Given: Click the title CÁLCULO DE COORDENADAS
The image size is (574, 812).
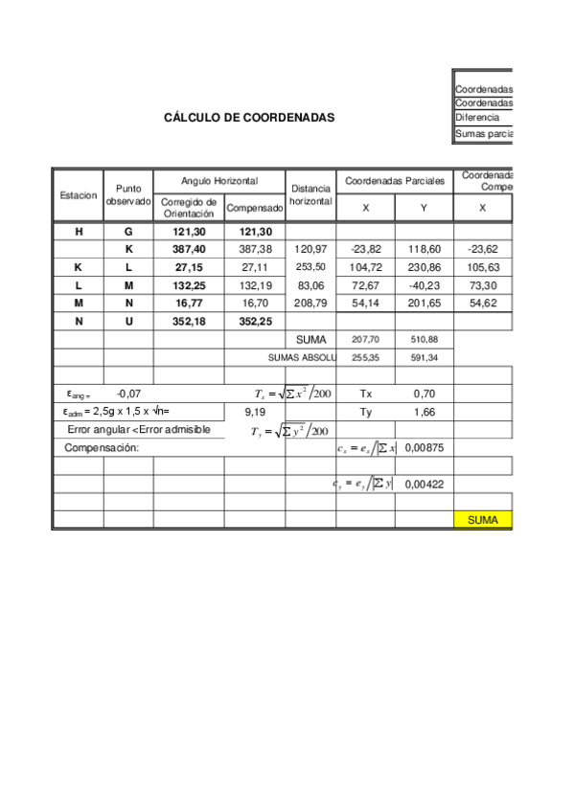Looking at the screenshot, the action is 249,118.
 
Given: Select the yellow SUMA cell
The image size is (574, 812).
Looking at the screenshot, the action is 483,520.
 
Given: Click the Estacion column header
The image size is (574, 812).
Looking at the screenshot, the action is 79,195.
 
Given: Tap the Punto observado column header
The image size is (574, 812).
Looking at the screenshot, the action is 128,195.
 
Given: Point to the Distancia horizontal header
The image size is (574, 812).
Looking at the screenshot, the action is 310,195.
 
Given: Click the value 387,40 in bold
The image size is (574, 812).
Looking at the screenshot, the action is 189,249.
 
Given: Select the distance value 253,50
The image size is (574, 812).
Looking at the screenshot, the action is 310,267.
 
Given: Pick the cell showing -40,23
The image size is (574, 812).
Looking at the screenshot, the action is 425,285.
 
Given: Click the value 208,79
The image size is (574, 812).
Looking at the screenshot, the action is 310,304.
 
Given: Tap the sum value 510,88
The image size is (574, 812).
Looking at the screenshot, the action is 425,339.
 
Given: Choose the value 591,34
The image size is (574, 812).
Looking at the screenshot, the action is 425,357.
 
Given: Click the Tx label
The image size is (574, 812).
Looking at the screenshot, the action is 365,394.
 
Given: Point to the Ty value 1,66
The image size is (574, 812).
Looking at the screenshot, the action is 425,412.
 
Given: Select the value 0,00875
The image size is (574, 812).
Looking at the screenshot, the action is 424,448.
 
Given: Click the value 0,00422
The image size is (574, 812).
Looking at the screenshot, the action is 424,485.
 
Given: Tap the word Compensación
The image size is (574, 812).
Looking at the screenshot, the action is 102,448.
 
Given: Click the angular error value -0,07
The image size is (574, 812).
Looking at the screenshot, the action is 128,394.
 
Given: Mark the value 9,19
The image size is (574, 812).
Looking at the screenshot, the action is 254,412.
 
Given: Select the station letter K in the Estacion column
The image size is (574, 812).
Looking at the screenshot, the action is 79,267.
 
